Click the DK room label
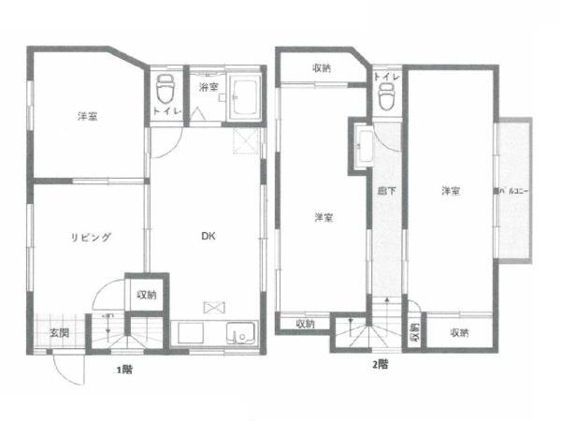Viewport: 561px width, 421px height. [210, 237]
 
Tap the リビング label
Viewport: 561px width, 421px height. [92, 237]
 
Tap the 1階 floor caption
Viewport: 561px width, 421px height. [123, 370]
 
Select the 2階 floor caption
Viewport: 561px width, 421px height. [379, 363]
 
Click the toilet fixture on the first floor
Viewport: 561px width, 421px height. [165, 90]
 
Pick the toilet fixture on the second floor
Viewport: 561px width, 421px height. [385, 94]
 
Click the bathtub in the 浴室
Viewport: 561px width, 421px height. [247, 97]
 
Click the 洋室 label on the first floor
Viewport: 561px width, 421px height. [89, 117]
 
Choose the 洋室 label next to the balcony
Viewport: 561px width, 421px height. [451, 191]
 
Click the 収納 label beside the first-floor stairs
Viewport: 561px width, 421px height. [147, 296]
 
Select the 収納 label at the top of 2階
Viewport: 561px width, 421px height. [322, 68]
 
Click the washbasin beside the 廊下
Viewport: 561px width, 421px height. [365, 147]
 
